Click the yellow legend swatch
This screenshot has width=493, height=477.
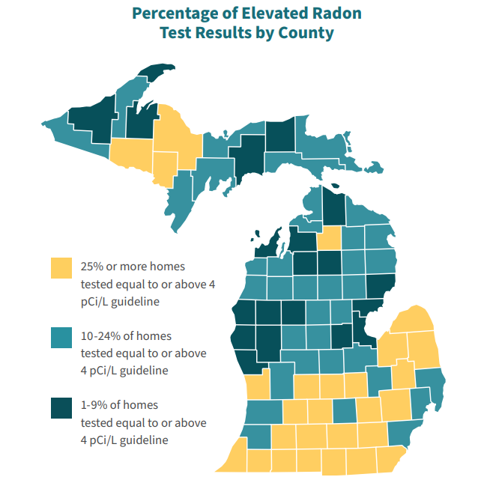point(61,267)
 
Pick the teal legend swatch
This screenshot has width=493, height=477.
point(61,337)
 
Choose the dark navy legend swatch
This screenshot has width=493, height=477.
point(61,407)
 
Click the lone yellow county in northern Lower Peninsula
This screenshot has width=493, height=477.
point(327,239)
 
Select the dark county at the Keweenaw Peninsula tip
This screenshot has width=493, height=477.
point(155,73)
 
